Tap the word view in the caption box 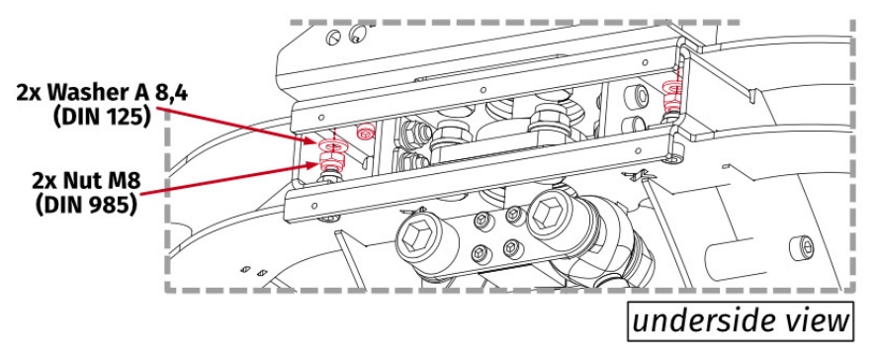(x=816, y=320)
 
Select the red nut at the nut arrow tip (x=330, y=167)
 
